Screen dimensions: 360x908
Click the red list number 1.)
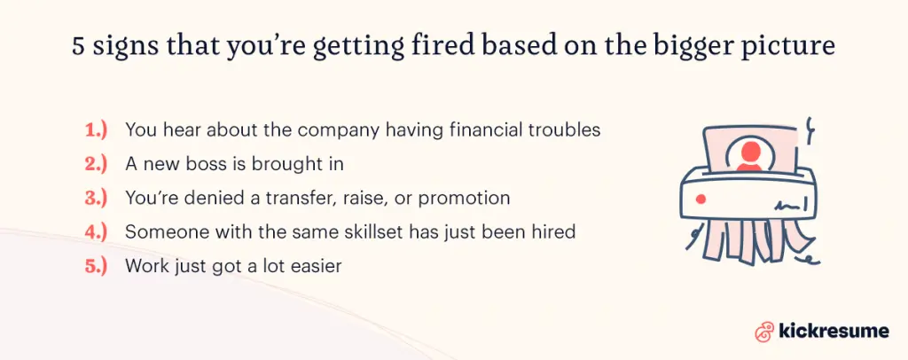pos(96,129)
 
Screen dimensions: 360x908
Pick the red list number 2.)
pos(96,164)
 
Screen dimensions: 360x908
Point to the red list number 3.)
pos(96,198)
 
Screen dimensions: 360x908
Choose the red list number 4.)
pos(96,231)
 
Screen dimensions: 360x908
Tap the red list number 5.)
pos(96,265)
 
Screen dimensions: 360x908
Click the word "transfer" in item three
pos(273,198)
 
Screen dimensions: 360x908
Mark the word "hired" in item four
pos(554,231)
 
